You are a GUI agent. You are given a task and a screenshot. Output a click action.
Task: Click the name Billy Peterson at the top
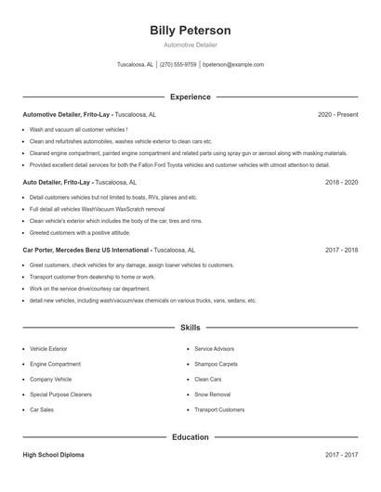tap(190, 31)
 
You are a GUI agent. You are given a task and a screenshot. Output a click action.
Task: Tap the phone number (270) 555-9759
tap(178, 65)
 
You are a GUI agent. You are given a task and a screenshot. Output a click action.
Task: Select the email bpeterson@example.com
tap(233, 65)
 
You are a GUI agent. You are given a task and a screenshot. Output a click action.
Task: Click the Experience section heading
tap(190, 97)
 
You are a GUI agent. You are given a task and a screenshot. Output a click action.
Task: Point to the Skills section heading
tap(190, 328)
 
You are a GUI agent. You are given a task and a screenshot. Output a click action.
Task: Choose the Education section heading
tap(190, 436)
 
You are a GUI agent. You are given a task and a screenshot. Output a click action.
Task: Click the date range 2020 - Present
tap(337, 115)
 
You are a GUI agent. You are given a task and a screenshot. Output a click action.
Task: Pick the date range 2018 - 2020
tap(341, 183)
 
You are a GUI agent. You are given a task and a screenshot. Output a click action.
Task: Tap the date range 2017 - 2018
tap(341, 250)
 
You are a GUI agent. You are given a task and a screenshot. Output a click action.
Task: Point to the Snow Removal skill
tap(212, 394)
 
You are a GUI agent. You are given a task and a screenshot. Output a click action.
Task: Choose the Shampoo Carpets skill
tap(216, 364)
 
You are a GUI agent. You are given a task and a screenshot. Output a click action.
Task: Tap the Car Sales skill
tap(42, 409)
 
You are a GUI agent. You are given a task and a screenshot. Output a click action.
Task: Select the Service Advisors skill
tap(215, 349)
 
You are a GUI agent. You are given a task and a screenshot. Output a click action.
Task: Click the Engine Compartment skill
tap(55, 364)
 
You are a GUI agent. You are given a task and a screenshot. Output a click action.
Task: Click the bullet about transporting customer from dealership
tap(92, 277)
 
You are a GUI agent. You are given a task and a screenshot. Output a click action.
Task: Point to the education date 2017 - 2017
tap(341, 455)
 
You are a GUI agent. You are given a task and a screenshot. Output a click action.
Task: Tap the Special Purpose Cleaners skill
tap(61, 394)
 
